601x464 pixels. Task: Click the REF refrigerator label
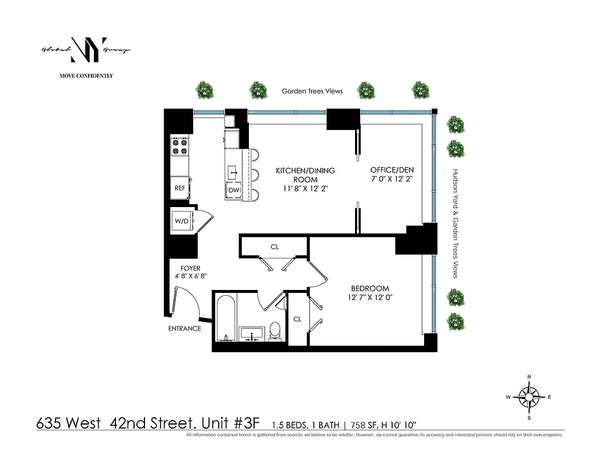(x=179, y=188)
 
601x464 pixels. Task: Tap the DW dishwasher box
(x=234, y=190)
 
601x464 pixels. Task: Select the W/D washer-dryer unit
(x=180, y=221)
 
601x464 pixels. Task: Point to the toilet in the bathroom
(x=275, y=331)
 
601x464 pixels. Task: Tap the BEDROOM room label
(x=370, y=288)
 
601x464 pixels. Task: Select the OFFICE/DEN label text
(x=392, y=170)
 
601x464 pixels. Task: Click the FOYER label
(x=190, y=269)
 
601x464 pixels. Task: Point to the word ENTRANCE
(x=184, y=328)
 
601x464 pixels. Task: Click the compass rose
(x=529, y=397)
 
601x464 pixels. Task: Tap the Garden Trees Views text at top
(x=312, y=91)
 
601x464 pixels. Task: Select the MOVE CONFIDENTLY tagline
(x=86, y=75)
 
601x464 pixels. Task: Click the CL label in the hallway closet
(x=274, y=247)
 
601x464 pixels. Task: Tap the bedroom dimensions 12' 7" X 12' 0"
(x=370, y=298)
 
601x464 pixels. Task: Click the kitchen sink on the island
(x=233, y=171)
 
